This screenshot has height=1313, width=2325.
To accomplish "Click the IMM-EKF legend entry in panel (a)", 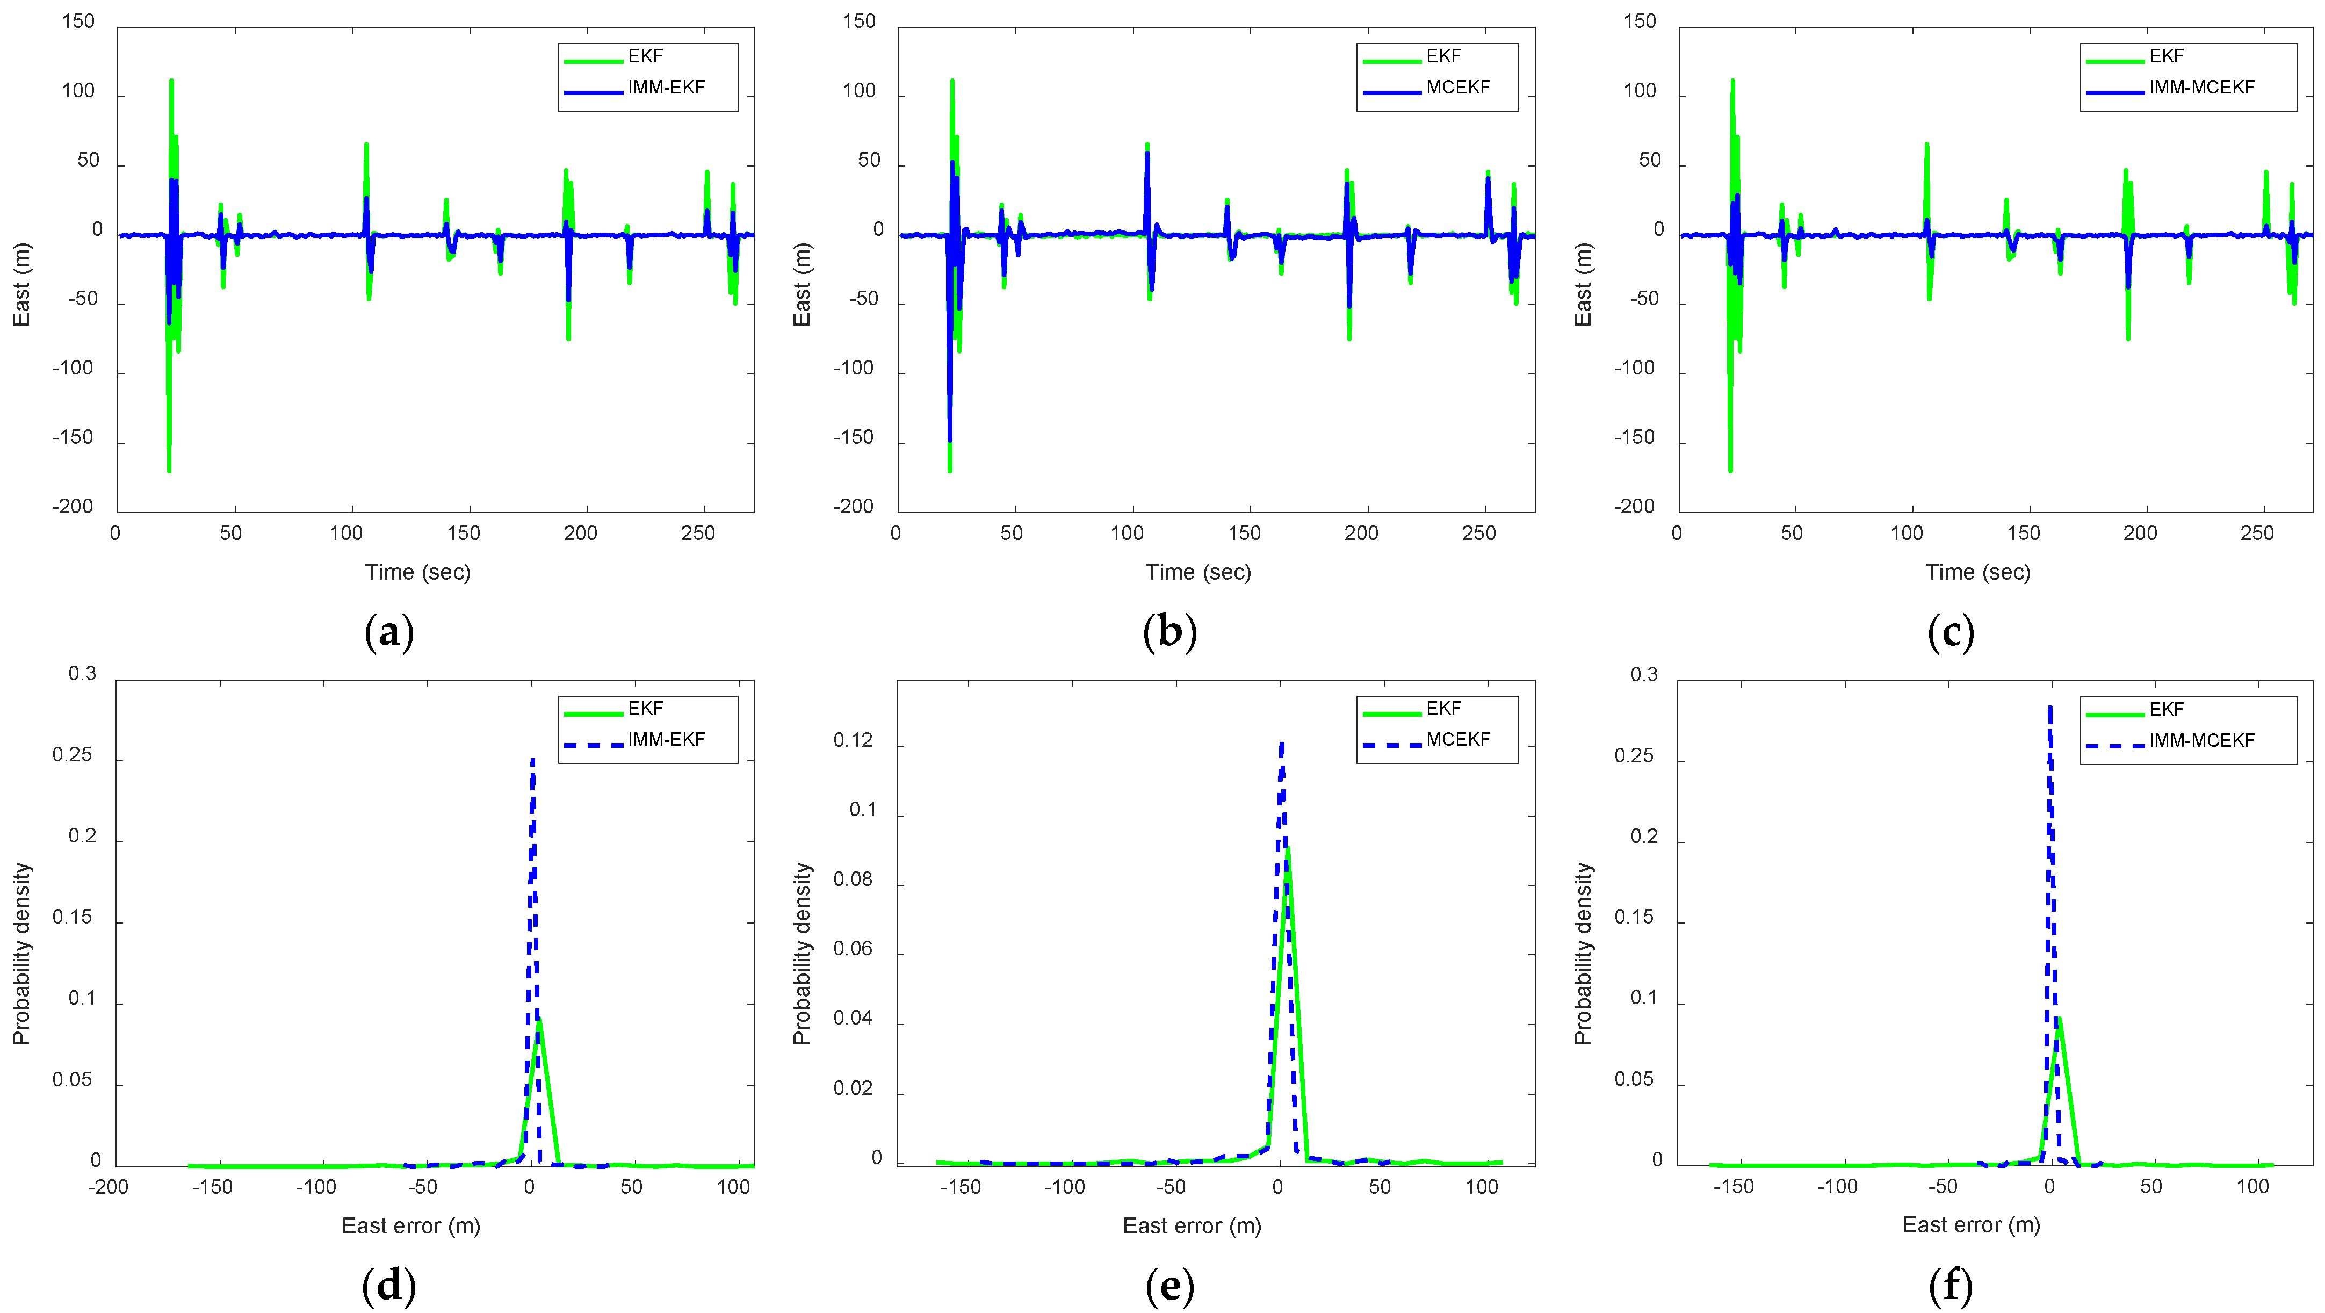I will (665, 88).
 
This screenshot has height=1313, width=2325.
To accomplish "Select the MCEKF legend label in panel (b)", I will (1457, 88).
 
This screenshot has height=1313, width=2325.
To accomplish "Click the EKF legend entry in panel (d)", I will (645, 709).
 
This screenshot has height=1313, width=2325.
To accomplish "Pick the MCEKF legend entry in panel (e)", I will (1457, 740).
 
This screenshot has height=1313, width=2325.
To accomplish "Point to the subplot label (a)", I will (389, 632).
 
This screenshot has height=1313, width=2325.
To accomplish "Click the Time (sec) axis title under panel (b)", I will (1198, 572).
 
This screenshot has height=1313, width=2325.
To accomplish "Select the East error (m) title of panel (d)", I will (410, 1225).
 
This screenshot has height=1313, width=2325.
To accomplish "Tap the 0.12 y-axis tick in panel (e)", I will (853, 741).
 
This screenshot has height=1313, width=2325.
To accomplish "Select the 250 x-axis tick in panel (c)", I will (2256, 533).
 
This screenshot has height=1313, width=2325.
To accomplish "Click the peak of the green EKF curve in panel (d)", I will (539, 1021).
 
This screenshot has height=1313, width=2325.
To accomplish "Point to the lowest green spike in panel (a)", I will (169, 470).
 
